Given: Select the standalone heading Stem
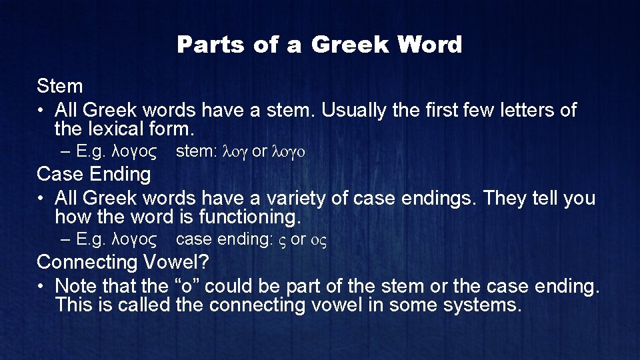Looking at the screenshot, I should tap(60, 86).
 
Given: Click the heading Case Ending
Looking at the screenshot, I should tap(94, 175).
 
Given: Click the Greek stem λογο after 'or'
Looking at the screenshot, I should tap(289, 152).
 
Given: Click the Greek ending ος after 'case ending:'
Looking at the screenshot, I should tap(317, 240).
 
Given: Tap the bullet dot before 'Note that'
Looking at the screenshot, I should tap(42, 287).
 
